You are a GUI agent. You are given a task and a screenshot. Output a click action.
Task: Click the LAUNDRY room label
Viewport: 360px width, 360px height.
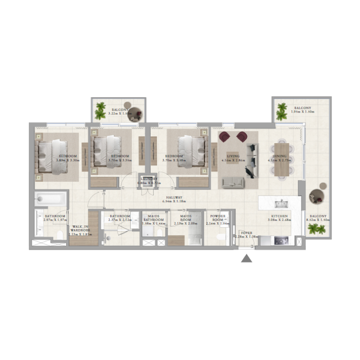(148, 179)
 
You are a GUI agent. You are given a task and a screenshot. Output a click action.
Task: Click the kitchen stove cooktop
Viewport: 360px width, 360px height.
(282, 241)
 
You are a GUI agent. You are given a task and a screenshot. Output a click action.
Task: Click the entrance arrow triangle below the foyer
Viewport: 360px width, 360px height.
(246, 259)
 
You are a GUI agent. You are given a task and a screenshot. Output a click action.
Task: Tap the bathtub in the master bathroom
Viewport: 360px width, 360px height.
(50, 198)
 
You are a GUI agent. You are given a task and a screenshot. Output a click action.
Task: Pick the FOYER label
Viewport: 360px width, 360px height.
(247, 233)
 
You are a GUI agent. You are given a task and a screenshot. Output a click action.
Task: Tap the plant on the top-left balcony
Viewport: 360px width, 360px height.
(101, 109)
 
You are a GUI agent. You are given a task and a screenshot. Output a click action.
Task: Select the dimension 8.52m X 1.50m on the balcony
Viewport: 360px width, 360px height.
(318, 220)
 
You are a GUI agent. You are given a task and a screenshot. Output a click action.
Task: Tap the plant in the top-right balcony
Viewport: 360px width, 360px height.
(282, 111)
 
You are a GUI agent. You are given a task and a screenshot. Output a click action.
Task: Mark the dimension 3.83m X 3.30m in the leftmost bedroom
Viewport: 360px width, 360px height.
(67, 160)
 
